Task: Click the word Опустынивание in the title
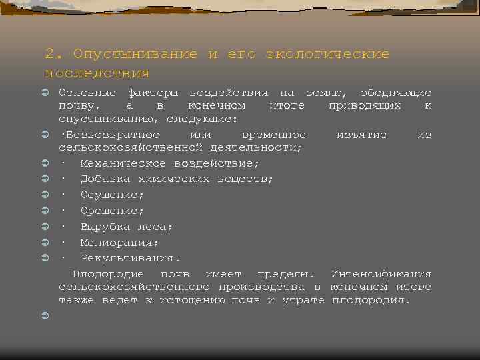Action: tap(135, 54)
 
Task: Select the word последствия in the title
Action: tap(97, 73)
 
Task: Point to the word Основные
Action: tap(87, 93)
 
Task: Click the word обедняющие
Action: tap(395, 93)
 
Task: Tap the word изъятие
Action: tap(362, 135)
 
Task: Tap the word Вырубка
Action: tap(105, 227)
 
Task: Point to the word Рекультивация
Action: tap(130, 258)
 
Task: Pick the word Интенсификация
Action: tap(381, 274)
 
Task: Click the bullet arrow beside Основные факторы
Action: tap(45, 93)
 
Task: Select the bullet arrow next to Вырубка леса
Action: tap(45, 227)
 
